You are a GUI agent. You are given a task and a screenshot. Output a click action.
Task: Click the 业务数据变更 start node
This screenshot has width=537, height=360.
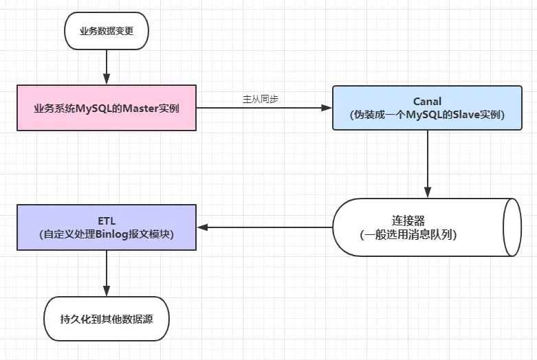[106, 31]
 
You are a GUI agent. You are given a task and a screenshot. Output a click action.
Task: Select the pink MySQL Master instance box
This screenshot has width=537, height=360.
[107, 107]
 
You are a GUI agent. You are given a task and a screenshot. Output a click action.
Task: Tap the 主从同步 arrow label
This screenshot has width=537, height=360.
[260, 99]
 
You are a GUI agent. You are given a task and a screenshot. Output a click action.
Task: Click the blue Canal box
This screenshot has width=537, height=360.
[426, 107]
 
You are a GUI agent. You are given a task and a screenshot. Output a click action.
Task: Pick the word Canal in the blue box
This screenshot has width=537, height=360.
[427, 102]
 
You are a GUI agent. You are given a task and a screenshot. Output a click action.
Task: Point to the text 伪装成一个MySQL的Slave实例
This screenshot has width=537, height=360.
[427, 115]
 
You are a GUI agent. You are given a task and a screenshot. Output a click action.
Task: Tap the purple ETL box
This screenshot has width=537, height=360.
[107, 227]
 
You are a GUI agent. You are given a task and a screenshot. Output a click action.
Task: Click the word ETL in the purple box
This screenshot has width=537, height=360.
[107, 221]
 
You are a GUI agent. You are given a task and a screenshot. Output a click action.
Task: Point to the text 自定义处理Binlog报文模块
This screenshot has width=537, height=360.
[107, 234]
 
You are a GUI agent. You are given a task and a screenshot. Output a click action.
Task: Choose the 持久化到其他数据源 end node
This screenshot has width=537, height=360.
[106, 318]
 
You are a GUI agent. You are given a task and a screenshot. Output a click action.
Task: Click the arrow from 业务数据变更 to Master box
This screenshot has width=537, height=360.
[107, 67]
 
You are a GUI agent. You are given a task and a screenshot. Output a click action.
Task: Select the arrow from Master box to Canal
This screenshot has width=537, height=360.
[261, 108]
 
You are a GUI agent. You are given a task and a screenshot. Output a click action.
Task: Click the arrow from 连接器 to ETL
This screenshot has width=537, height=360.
[265, 227]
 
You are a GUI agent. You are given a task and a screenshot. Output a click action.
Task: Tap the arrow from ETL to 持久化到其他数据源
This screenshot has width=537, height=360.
[107, 273]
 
